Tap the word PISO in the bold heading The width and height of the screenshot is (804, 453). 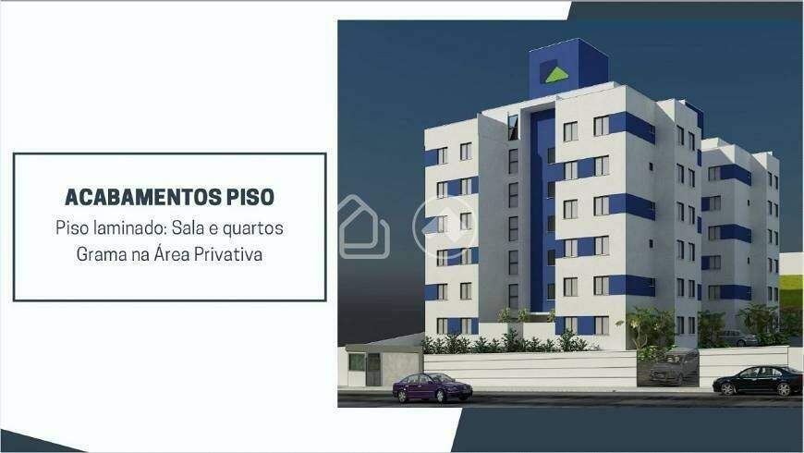point(250,197)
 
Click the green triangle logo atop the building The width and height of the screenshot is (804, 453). point(555,75)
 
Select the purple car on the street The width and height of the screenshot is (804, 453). point(432,387)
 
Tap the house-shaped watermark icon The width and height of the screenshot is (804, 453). point(363,227)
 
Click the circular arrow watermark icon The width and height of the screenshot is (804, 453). point(444,226)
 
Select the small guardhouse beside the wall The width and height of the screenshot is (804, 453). point(383,365)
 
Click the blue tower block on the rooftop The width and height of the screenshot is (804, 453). point(567,67)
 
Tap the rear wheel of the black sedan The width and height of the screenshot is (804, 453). point(727,389)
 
